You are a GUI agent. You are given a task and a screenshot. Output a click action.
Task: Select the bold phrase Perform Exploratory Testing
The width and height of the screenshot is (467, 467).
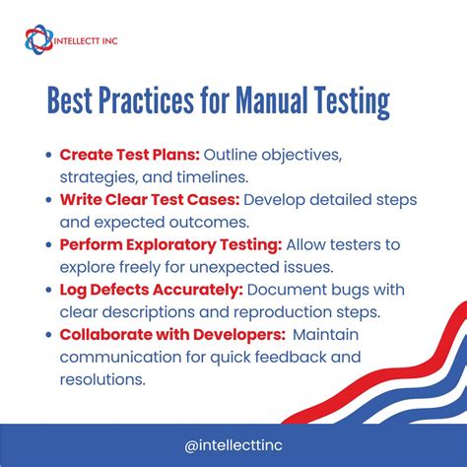tap(170, 244)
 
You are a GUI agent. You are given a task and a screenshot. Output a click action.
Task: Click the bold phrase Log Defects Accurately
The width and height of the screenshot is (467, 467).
tap(151, 289)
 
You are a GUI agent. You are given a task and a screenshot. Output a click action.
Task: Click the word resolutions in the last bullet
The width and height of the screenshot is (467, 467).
tap(104, 377)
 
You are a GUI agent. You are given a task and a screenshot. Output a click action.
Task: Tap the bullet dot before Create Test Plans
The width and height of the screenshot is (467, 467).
tap(49, 156)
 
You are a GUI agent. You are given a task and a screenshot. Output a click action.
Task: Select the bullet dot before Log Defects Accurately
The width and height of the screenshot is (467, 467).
tap(49, 290)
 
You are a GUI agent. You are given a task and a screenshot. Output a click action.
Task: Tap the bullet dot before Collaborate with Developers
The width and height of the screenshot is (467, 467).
tap(49, 334)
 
